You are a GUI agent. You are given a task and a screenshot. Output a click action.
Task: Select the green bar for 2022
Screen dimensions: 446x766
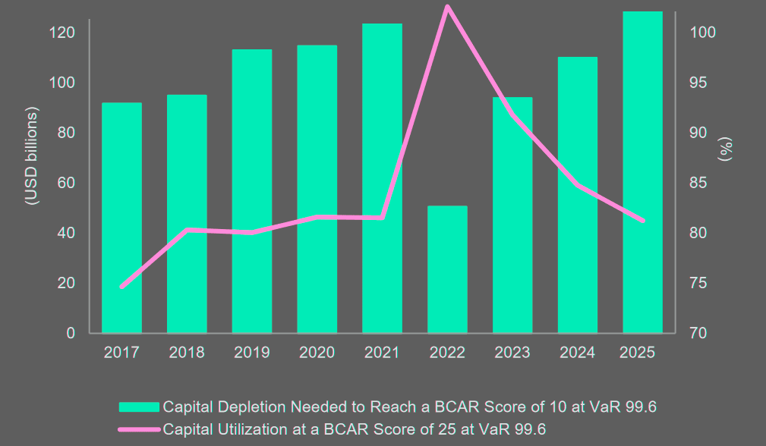[x=447, y=269]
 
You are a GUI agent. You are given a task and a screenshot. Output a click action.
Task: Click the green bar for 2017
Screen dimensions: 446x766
[x=121, y=218]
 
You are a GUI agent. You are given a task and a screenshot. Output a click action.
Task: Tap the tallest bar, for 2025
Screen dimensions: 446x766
[x=642, y=172]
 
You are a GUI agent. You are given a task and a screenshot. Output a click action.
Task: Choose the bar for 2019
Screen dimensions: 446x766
[x=252, y=191]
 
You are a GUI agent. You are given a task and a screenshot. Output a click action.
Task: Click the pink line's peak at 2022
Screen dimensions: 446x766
[x=447, y=7]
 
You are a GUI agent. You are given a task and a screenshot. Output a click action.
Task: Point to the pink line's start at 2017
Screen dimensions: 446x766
[x=121, y=287]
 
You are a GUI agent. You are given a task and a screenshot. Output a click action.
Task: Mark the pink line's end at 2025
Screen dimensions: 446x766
[x=642, y=221]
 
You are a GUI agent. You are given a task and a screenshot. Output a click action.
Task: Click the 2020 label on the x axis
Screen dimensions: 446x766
[x=317, y=353]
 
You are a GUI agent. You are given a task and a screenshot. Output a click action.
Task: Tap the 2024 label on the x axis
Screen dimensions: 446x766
[x=578, y=353]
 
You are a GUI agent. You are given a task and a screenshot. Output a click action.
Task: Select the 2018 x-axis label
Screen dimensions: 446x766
[x=187, y=353]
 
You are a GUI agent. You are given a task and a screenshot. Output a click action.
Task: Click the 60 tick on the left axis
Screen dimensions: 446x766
[x=66, y=183]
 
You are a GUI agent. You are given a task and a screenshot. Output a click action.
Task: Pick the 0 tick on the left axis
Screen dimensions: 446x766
[x=71, y=333]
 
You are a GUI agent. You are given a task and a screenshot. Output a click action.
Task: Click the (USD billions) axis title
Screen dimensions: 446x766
[x=31, y=157]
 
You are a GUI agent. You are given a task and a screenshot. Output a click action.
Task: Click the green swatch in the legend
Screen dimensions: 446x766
[x=139, y=407]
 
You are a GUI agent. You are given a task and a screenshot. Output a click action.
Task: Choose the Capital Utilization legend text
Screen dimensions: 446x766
[x=355, y=429]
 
